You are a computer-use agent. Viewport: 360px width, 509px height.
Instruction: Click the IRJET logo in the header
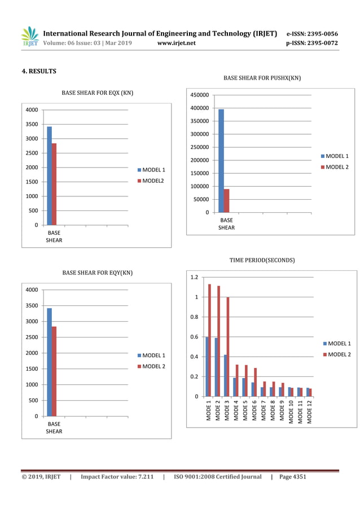pos(29,37)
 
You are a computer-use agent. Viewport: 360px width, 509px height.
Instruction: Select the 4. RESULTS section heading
pos(39,71)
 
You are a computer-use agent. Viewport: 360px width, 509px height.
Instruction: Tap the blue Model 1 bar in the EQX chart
pos(49,175)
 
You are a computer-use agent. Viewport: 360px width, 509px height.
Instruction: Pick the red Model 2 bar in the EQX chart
pos(54,184)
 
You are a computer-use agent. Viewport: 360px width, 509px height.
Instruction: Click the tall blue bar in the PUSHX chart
pos(221,161)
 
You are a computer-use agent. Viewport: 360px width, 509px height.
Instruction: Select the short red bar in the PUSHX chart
pos(226,201)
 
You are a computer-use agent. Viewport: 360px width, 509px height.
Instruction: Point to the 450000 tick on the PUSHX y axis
pos(201,95)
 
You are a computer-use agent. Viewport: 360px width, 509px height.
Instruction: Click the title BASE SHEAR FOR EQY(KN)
pos(98,273)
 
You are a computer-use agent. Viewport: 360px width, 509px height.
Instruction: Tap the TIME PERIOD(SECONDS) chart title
pos(262,260)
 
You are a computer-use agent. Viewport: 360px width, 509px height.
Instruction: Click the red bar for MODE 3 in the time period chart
pos(228,346)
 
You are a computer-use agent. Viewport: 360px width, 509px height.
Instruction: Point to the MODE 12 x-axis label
pos(309,411)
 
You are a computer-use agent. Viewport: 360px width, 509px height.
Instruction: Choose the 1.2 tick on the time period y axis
pos(194,277)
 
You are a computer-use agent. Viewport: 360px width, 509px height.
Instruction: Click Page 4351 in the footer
pos(292,477)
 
